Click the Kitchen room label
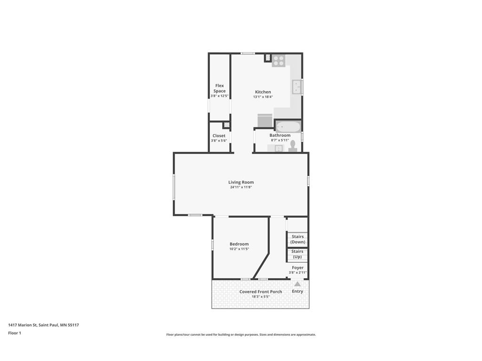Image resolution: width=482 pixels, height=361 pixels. click(263, 92)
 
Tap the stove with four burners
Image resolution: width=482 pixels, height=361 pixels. click(278, 61)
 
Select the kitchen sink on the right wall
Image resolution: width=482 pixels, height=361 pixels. click(297, 86)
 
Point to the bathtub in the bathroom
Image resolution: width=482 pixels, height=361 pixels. click(288, 126)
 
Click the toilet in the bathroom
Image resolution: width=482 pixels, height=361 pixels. click(292, 146)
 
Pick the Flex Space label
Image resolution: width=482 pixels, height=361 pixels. click(219, 88)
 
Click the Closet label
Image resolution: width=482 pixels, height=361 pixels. click(219, 136)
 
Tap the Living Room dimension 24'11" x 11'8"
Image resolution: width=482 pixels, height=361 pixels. click(241, 188)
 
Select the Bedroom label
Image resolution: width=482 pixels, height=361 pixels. click(239, 244)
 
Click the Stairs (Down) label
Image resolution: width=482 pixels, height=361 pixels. click(297, 239)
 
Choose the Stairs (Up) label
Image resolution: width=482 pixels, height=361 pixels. click(297, 254)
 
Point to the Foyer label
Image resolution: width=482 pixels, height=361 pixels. click(297, 267)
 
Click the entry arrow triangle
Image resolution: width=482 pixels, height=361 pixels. click(297, 284)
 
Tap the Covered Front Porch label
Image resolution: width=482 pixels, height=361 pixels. click(261, 292)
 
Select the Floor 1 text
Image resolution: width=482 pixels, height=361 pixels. click(15, 333)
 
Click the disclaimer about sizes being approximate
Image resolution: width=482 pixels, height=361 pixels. click(241, 335)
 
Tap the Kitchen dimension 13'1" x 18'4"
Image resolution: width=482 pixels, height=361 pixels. click(263, 97)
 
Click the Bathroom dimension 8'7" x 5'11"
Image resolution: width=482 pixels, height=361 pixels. click(280, 140)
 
